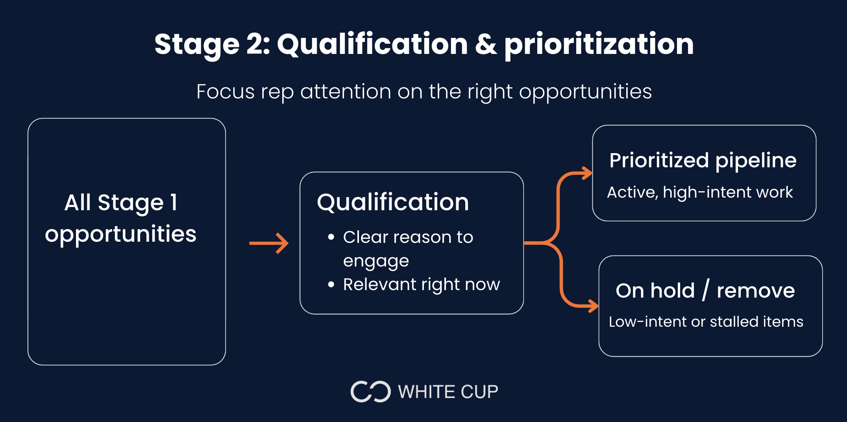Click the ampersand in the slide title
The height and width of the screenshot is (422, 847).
click(x=486, y=44)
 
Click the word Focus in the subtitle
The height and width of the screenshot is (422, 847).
click(x=226, y=92)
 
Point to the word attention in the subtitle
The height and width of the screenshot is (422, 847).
click(x=346, y=92)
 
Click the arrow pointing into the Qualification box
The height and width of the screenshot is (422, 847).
click(x=269, y=243)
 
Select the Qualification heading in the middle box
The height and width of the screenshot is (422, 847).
click(x=393, y=202)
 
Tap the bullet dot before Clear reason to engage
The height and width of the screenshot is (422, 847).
click(x=331, y=237)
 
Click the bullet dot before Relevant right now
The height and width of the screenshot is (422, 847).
click(x=331, y=284)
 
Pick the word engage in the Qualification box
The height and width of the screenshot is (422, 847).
click(x=376, y=261)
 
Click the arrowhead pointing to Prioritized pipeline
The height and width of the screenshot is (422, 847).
click(x=587, y=173)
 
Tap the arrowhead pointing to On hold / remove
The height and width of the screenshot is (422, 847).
click(x=593, y=305)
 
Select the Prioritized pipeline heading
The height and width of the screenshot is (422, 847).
click(x=703, y=161)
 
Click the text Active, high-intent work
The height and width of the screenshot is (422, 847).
click(x=700, y=192)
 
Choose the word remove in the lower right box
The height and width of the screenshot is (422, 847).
click(x=756, y=291)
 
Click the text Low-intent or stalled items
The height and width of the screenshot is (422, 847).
click(x=706, y=322)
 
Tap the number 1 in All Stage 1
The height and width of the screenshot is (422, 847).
click(x=174, y=202)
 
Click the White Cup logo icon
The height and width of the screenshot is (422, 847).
click(x=370, y=392)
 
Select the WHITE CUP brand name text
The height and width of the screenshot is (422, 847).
click(x=448, y=392)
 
